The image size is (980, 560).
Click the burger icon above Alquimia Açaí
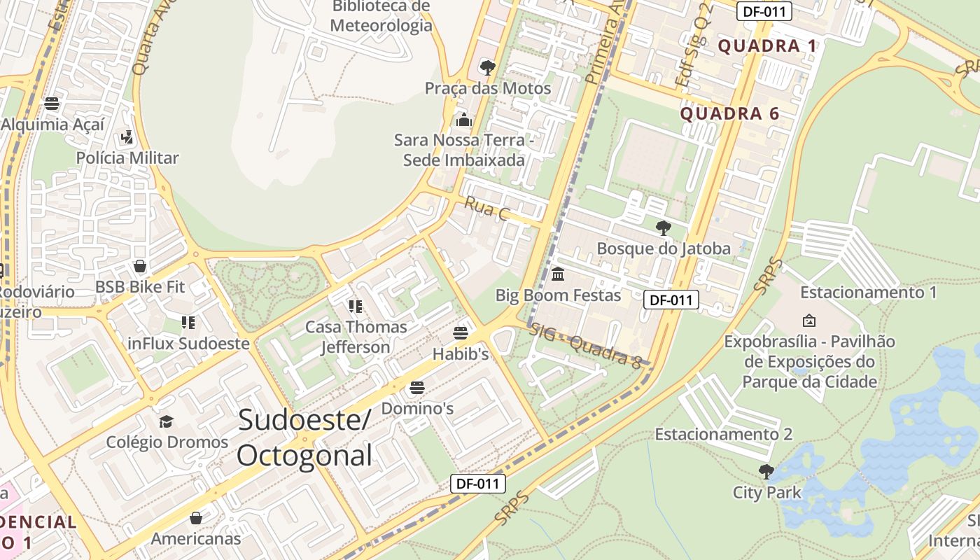click(52, 104)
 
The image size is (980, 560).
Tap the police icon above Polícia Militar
click(127, 136)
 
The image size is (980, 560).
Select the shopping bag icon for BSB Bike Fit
click(140, 266)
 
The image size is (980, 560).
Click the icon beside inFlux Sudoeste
click(188, 323)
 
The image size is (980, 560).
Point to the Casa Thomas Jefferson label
click(356, 337)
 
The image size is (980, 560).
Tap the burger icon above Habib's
click(460, 332)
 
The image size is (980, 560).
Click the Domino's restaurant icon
click(417, 387)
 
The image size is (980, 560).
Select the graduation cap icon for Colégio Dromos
click(166, 421)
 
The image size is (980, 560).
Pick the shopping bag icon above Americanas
click(196, 518)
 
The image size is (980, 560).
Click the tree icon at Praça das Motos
click(487, 68)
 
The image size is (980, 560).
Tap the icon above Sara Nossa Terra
click(463, 120)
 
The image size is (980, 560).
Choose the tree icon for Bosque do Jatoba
click(663, 227)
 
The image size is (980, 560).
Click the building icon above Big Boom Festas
click(558, 274)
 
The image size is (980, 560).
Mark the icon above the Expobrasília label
click(808, 321)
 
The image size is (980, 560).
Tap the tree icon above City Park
click(766, 471)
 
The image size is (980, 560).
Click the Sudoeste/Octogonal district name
click(304, 437)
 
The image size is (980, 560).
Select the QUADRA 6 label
click(729, 113)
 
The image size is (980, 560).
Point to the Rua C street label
click(486, 208)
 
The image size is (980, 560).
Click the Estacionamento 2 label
click(723, 434)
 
